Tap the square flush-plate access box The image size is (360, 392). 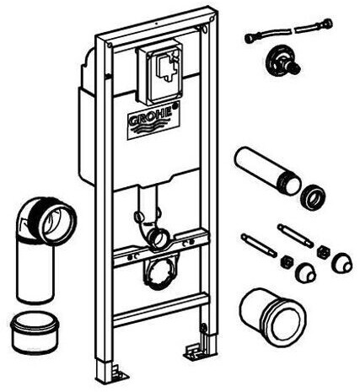pos(159,74)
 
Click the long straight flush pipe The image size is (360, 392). pos(267,170)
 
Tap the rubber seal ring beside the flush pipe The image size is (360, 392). pos(313,196)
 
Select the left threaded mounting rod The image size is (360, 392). pos(259,245)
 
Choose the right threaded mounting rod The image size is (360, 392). pos(295,236)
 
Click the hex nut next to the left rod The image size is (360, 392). pos(287,261)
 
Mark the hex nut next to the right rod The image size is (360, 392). pos(323,251)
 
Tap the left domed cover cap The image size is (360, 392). pos(305,273)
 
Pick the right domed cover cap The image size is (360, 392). pos(341,263)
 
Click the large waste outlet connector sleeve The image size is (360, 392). pos(272,316)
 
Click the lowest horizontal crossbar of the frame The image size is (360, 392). pos(160,310)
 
